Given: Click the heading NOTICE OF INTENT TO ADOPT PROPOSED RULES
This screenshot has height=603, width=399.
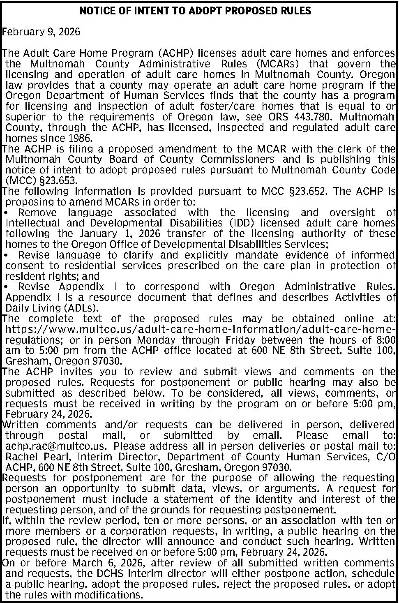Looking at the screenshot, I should [195, 11].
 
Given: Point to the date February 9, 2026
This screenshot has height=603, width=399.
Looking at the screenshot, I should [42, 32].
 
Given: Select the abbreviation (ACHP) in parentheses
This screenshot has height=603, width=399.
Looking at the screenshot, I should [176, 53].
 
